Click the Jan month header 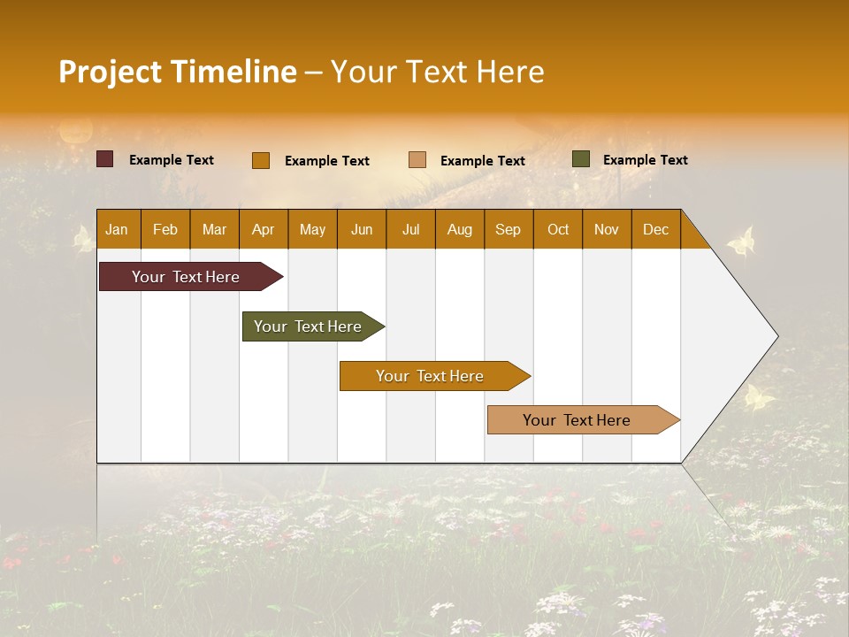pyautogui.click(x=118, y=229)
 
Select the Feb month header pyautogui.click(x=165, y=229)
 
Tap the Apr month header pyautogui.click(x=264, y=229)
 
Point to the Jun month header pyautogui.click(x=362, y=229)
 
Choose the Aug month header pyautogui.click(x=460, y=229)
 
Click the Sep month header pyautogui.click(x=509, y=229)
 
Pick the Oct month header pyautogui.click(x=558, y=229)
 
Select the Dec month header pyautogui.click(x=656, y=229)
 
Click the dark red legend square pyautogui.click(x=104, y=159)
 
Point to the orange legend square pyautogui.click(x=260, y=160)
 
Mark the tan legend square pyautogui.click(x=417, y=160)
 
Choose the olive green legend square pyautogui.click(x=581, y=159)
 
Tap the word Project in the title pyautogui.click(x=111, y=72)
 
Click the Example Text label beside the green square pyautogui.click(x=645, y=160)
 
